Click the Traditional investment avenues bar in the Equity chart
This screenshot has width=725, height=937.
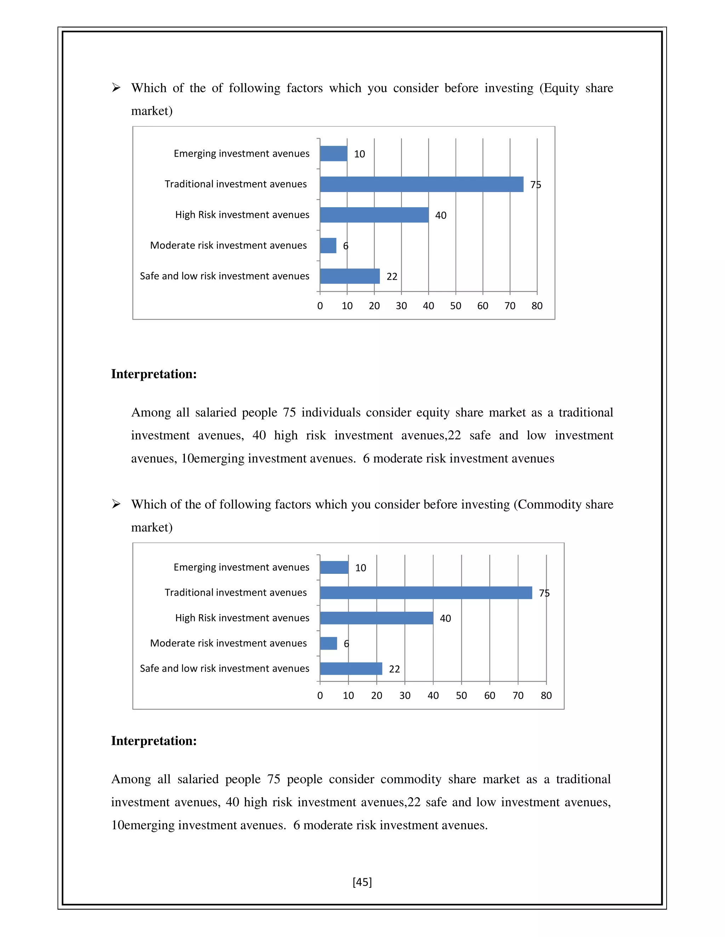point(421,184)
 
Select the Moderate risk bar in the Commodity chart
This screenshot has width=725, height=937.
point(329,643)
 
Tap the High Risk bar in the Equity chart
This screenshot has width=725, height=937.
point(374,215)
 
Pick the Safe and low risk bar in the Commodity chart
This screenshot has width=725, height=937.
point(351,668)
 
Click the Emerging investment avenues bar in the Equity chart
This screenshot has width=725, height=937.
point(334,153)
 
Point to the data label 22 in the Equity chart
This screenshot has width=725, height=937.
point(392,277)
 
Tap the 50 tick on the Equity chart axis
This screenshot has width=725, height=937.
point(456,306)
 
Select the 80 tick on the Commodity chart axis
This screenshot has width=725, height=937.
point(546,696)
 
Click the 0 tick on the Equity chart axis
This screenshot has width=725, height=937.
point(320,306)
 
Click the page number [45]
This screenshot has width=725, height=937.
point(362,882)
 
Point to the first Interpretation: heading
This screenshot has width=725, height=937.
point(154,374)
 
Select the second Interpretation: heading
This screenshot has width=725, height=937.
point(154,741)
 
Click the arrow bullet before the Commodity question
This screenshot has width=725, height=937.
point(116,504)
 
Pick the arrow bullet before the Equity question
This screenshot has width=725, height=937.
point(116,88)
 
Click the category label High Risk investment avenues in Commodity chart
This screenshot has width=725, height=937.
point(242,618)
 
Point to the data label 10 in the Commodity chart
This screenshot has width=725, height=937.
point(360,568)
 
